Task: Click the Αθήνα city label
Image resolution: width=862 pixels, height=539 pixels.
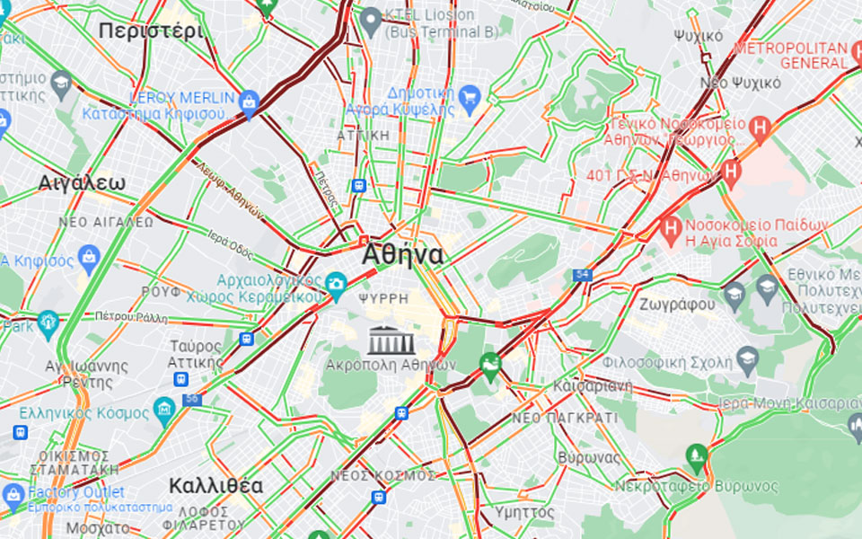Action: pos(402,256)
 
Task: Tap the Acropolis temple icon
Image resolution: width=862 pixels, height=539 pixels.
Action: pos(391,340)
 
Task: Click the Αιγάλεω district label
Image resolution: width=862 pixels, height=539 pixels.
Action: pos(82,183)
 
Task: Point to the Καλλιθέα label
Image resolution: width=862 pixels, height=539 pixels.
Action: pos(215,487)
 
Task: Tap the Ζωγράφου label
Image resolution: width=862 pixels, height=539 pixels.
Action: pos(678,305)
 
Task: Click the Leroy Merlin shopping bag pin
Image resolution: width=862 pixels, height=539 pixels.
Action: pos(249,104)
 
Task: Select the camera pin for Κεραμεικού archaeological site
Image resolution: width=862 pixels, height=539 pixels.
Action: pos(336,285)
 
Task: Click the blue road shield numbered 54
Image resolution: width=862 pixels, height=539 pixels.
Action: pos(583,275)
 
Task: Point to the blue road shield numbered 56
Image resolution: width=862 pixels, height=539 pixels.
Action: pos(190,399)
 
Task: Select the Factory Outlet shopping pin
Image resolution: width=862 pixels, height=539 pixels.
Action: pos(13,493)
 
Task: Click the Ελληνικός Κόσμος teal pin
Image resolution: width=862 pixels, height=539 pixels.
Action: pos(164,411)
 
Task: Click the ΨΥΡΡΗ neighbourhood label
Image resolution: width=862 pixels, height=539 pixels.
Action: pos(383,297)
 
